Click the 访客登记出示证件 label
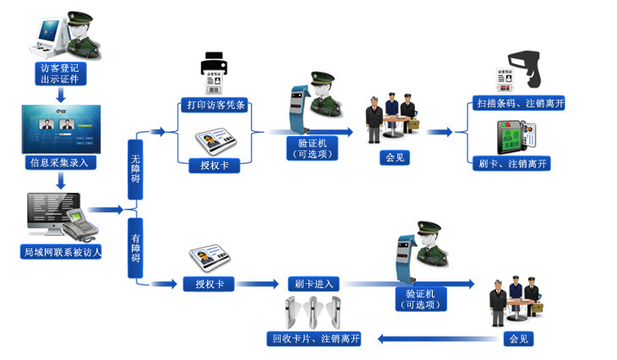[x=60, y=73]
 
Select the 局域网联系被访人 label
[x=62, y=252]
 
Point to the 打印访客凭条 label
[x=216, y=106]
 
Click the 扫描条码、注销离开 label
[x=518, y=103]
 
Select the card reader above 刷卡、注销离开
[x=516, y=135]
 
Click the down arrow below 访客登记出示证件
[x=60, y=95]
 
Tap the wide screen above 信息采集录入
[x=60, y=128]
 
